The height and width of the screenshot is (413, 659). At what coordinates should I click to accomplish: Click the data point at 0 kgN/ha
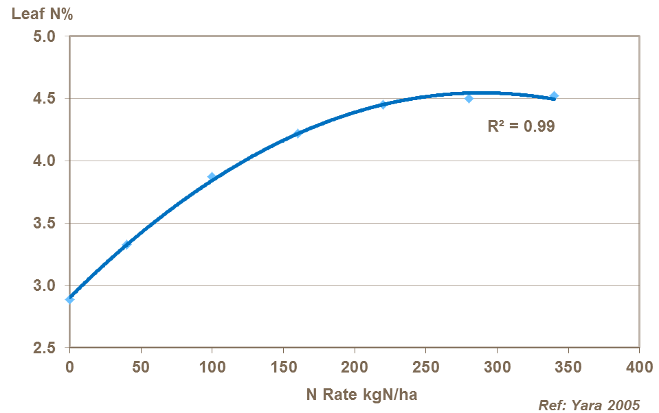tap(69, 299)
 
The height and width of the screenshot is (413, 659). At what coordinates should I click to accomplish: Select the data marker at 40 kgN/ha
tap(126, 244)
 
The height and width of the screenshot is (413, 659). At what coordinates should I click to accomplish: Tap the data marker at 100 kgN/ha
tap(212, 176)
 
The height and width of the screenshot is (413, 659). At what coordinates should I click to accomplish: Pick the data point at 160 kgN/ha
tap(298, 133)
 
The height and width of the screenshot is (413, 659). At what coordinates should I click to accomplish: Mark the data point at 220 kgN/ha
tap(383, 104)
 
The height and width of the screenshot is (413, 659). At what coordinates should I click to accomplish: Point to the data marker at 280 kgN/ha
tap(469, 98)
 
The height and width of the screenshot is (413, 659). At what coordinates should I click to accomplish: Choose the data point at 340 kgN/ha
tap(554, 95)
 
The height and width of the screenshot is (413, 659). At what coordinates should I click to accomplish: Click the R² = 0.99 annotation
tap(521, 126)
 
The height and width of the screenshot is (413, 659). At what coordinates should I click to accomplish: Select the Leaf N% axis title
tap(37, 13)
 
